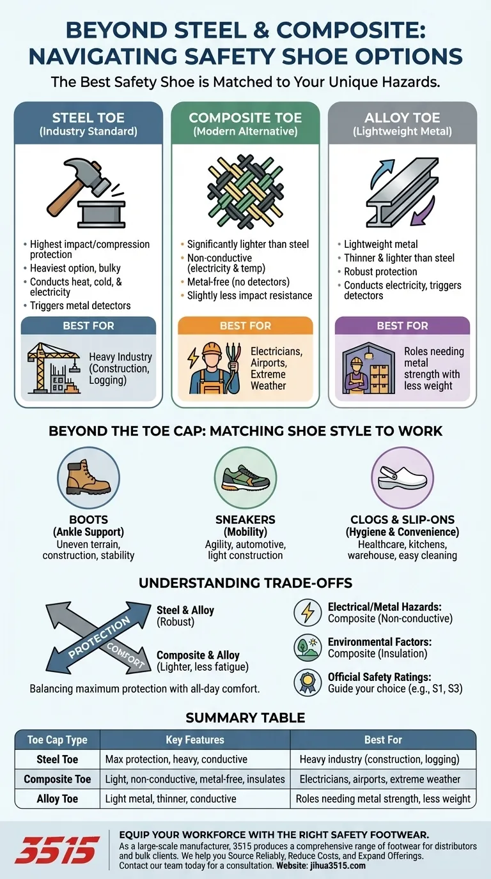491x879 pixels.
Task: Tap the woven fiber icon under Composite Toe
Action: pyautogui.click(x=245, y=192)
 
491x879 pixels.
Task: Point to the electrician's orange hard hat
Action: pyautogui.click(x=212, y=348)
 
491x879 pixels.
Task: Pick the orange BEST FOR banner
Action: pyautogui.click(x=245, y=326)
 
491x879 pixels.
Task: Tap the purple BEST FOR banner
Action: pyautogui.click(x=402, y=326)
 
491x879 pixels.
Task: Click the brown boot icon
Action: pyautogui.click(x=88, y=478)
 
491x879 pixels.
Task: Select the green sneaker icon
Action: pyautogui.click(x=245, y=478)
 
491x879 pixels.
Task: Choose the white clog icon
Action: pyautogui.click(x=402, y=478)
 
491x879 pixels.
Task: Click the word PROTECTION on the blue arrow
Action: pyautogui.click(x=99, y=637)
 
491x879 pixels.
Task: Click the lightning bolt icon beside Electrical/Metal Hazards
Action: pyautogui.click(x=308, y=613)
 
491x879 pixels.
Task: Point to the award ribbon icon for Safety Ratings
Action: pyautogui.click(x=308, y=682)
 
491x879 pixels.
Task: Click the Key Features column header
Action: pyautogui.click(x=195, y=740)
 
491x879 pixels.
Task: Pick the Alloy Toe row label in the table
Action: pyautogui.click(x=58, y=799)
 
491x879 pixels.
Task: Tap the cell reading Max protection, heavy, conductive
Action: pyautogui.click(x=176, y=760)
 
